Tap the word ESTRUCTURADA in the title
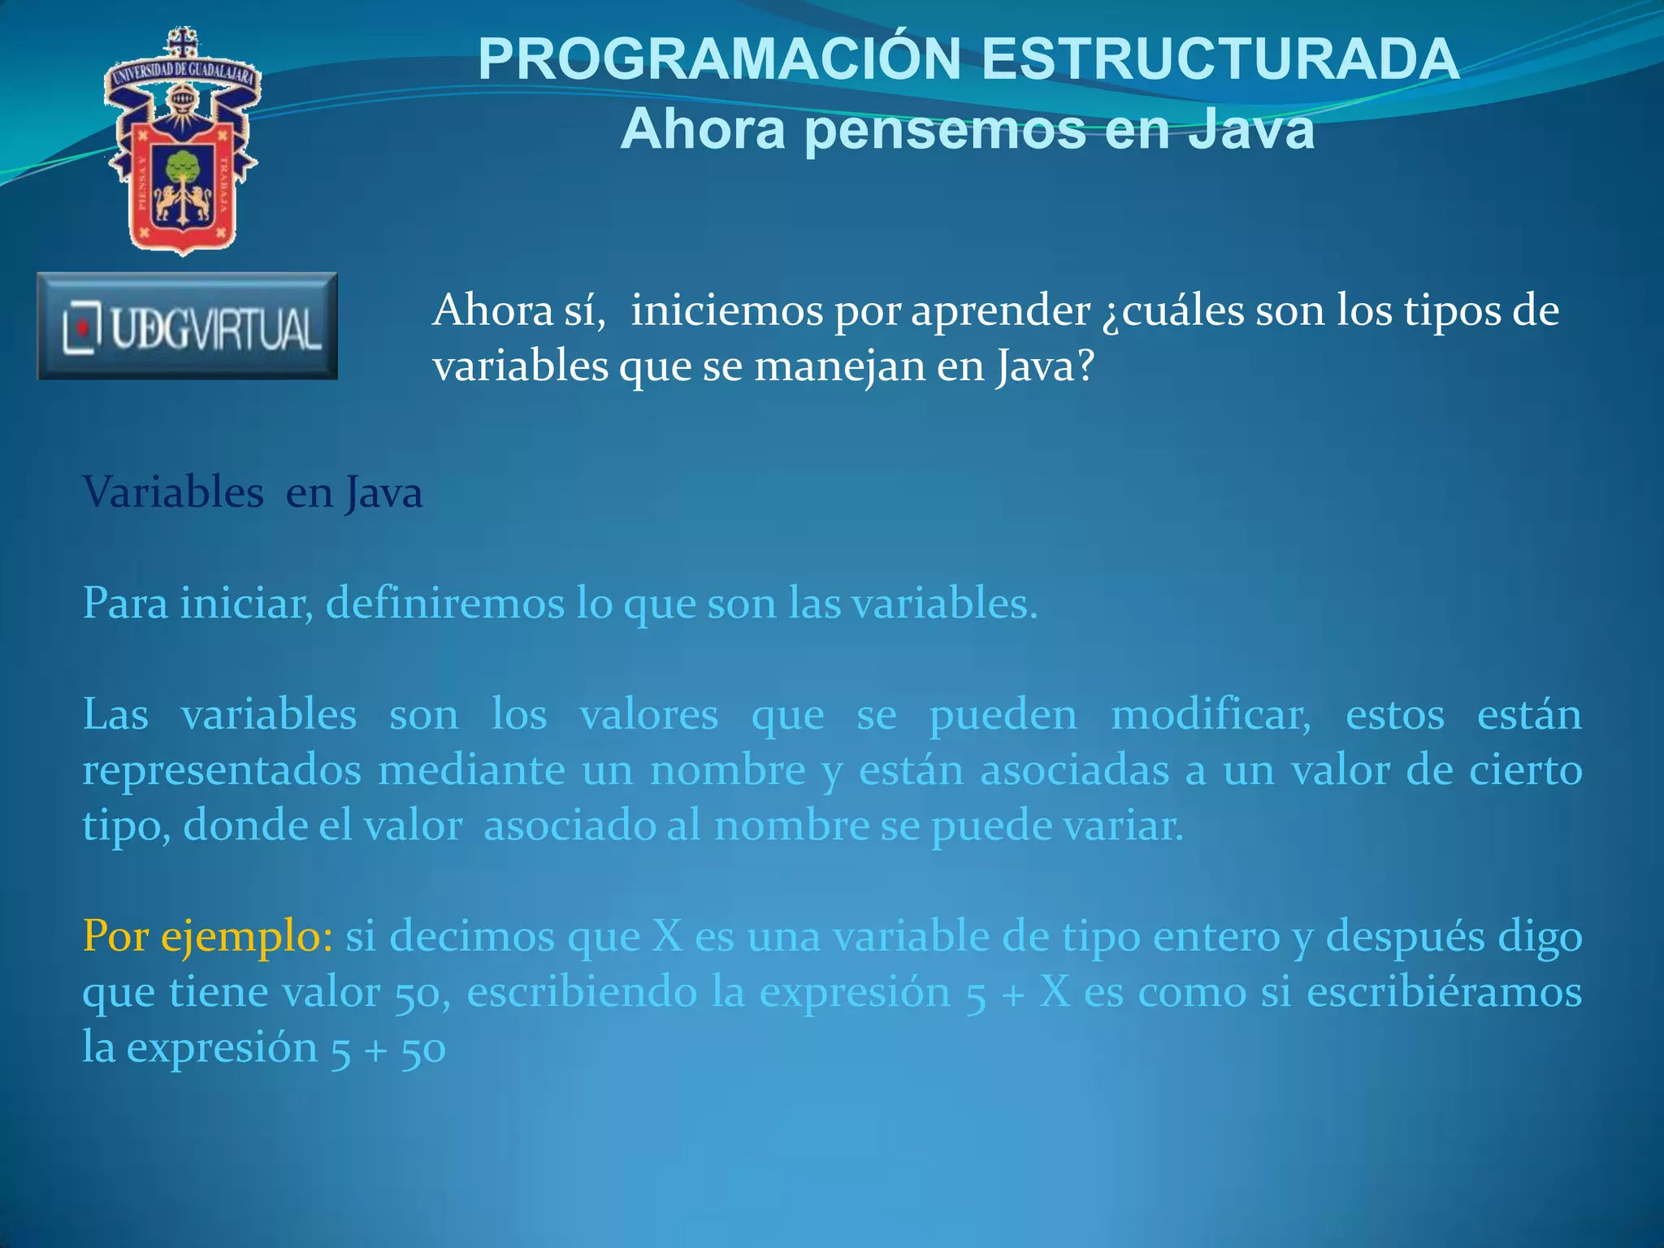1220,59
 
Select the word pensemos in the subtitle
945,130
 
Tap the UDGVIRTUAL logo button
188,327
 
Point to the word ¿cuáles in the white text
1172,311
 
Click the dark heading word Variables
173,493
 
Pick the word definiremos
444,604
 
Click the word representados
222,771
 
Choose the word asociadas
1074,770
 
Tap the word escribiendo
582,992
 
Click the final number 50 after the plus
423,1049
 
